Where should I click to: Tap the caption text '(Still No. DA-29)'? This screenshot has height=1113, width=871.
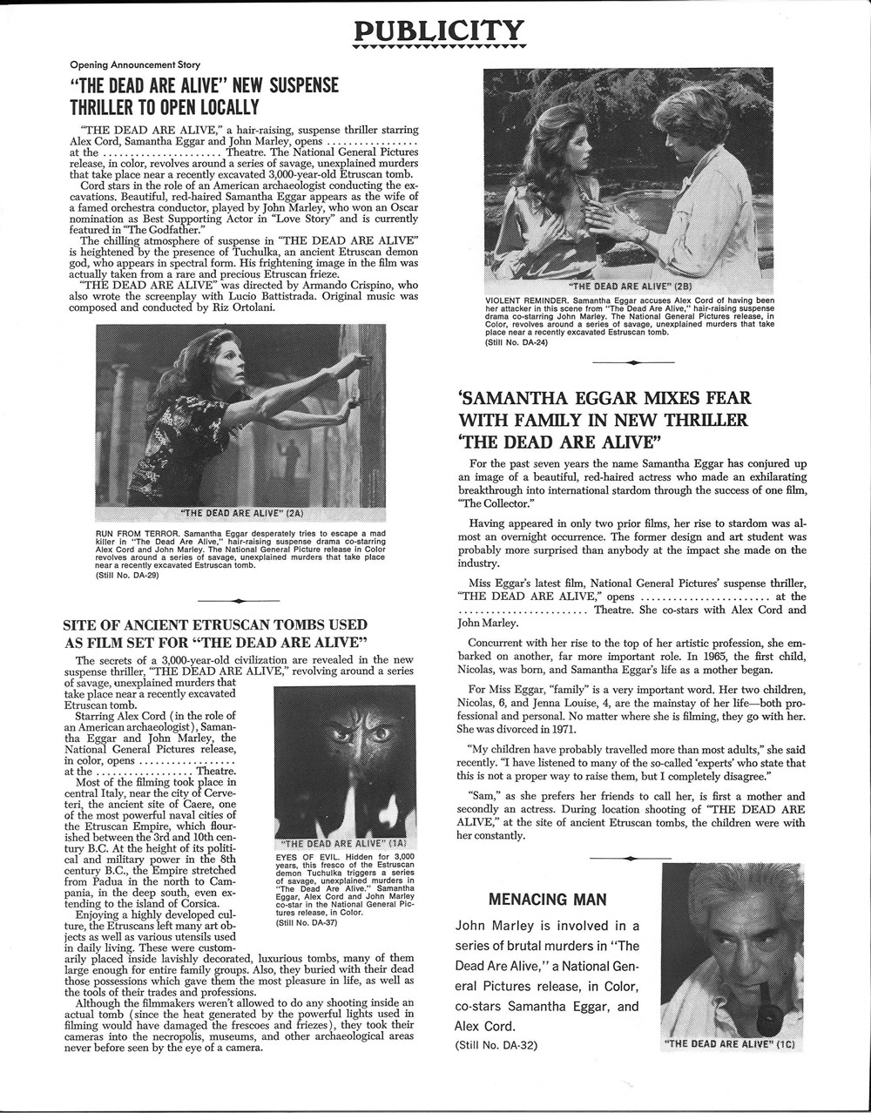coord(126,576)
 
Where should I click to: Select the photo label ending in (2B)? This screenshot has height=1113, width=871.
coord(628,285)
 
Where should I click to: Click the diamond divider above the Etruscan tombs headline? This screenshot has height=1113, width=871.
coord(239,601)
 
